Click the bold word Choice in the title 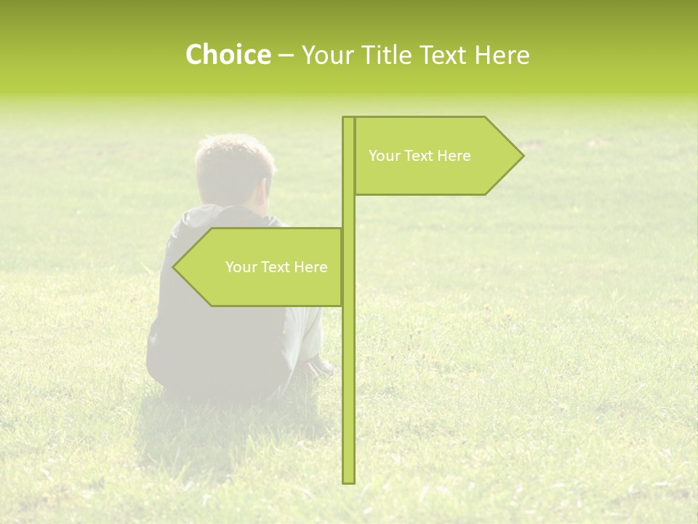228,55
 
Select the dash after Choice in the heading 286,55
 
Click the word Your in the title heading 324,55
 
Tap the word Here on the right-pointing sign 454,156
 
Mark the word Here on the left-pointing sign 310,267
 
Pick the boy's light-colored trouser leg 304,331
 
